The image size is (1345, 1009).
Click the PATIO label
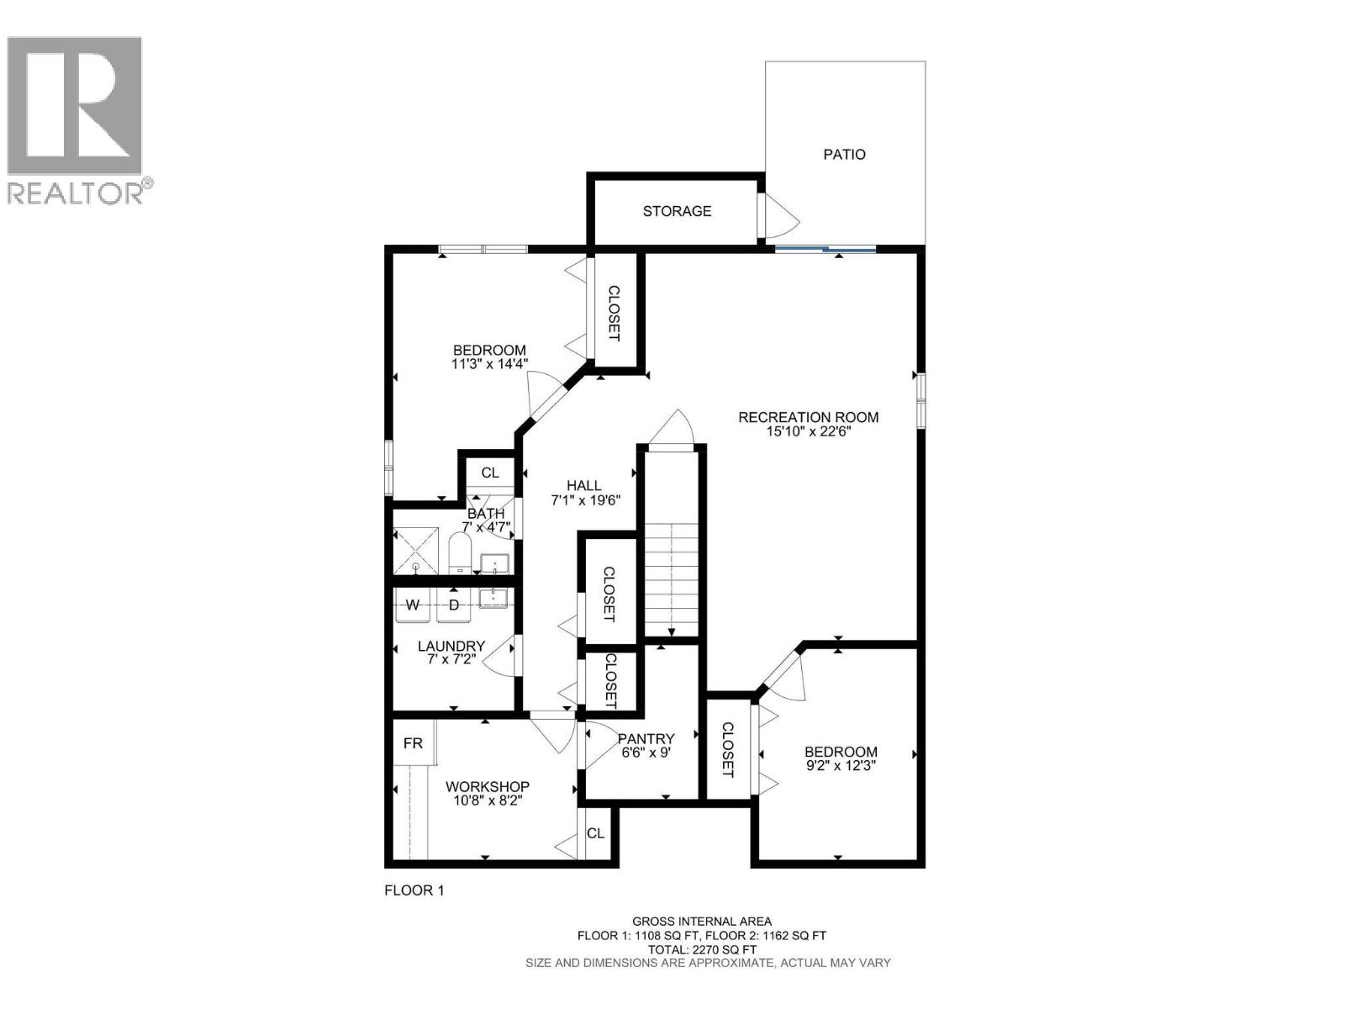click(x=844, y=155)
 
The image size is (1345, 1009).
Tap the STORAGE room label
click(x=677, y=211)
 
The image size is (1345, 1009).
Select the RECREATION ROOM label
click(x=808, y=417)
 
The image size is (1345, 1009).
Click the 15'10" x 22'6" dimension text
click(x=808, y=432)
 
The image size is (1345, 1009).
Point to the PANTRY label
click(x=646, y=738)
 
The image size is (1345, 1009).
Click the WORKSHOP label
click(x=487, y=787)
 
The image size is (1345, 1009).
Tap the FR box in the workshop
click(x=413, y=743)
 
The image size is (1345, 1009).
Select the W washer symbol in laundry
click(x=413, y=605)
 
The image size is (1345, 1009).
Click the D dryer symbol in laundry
click(x=454, y=605)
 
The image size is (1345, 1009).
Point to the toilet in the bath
click(x=459, y=553)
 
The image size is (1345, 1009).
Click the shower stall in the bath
click(x=416, y=552)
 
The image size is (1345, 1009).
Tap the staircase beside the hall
click(x=671, y=580)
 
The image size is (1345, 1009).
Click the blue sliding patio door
click(x=825, y=249)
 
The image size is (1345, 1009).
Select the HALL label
click(x=583, y=485)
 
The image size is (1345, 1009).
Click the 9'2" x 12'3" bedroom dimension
click(x=841, y=766)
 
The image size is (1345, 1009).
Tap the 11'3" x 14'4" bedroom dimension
click(x=489, y=364)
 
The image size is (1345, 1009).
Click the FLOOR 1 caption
click(x=414, y=890)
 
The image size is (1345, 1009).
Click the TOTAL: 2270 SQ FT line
click(x=701, y=948)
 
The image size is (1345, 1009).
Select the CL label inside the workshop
click(x=595, y=833)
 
